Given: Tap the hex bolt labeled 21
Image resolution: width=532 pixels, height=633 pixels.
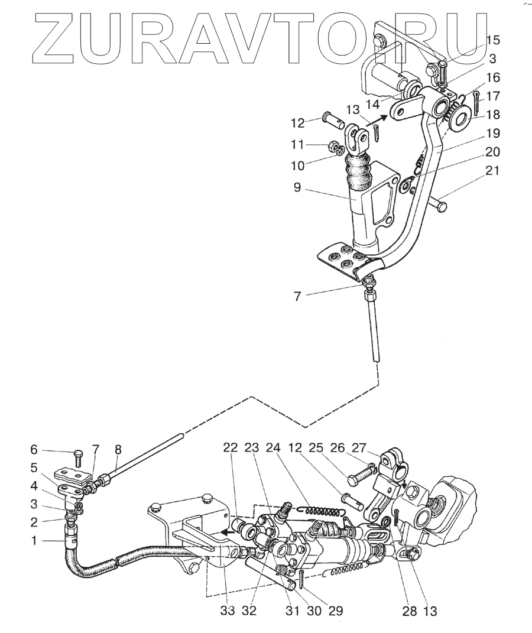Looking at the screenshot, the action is tap(437, 205).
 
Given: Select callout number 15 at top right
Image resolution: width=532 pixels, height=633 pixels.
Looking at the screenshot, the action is tap(492, 41).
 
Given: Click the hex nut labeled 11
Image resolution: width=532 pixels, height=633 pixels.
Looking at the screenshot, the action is tap(332, 147).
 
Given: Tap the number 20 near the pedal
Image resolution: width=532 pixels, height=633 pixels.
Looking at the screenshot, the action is tap(492, 152).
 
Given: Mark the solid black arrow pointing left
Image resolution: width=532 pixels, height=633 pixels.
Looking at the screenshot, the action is tap(226, 532).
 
